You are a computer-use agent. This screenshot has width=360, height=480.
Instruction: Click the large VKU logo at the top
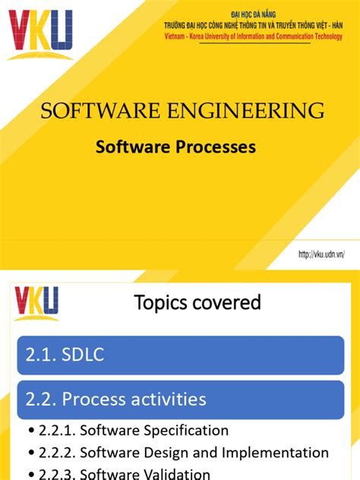coord(40,33)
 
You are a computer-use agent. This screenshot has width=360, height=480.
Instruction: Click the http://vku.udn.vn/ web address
coord(321,255)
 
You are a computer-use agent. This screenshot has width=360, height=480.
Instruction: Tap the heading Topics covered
coord(197,303)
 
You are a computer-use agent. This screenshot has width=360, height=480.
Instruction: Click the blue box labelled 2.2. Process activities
coord(180,399)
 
